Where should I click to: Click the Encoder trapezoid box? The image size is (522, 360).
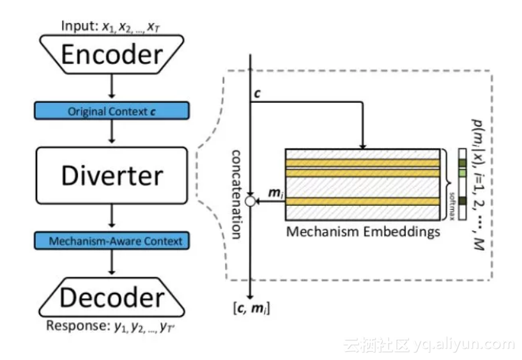[x=112, y=54]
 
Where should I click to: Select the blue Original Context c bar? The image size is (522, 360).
[x=112, y=111]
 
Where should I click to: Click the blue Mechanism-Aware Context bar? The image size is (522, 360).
[x=112, y=241]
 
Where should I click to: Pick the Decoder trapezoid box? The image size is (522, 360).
[x=112, y=298]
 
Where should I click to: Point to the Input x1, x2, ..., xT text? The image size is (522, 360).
[x=111, y=26]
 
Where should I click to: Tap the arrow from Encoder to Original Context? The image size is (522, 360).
[x=112, y=87]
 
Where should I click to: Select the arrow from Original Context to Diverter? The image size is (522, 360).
[x=112, y=132]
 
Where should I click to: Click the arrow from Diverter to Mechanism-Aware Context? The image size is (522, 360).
[x=112, y=218]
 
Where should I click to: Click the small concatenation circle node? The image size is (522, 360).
[x=250, y=202]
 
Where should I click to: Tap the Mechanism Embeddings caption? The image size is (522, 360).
[x=363, y=231]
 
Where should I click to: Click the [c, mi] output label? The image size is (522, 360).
[x=251, y=309]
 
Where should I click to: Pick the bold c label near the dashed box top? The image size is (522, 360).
[x=257, y=93]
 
